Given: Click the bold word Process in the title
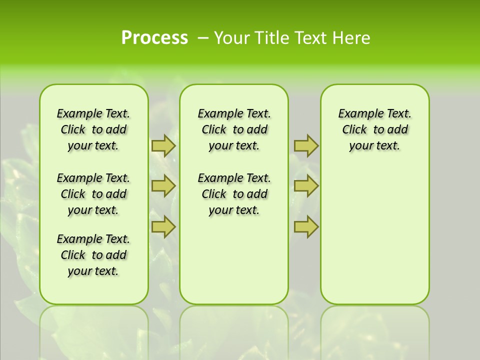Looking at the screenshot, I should [x=154, y=38].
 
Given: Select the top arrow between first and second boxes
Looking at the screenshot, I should [x=163, y=145].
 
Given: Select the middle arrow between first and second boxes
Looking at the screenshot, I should [x=163, y=186].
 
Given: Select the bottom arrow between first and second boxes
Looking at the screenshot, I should [x=163, y=227].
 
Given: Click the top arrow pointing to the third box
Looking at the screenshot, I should [x=306, y=145].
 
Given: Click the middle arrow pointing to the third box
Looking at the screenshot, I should [x=306, y=186].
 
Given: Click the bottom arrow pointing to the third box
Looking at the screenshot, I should [x=306, y=227].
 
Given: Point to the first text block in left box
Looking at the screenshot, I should [x=93, y=129].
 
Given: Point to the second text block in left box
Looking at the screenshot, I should [x=93, y=194].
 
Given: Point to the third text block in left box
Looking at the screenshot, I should [x=93, y=255].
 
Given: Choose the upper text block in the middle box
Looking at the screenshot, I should [x=234, y=129].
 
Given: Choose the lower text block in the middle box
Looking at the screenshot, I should [x=234, y=194].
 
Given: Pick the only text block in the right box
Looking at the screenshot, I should [x=374, y=129].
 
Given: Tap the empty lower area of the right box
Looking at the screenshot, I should [x=374, y=235].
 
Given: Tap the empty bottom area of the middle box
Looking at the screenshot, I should [x=234, y=260].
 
